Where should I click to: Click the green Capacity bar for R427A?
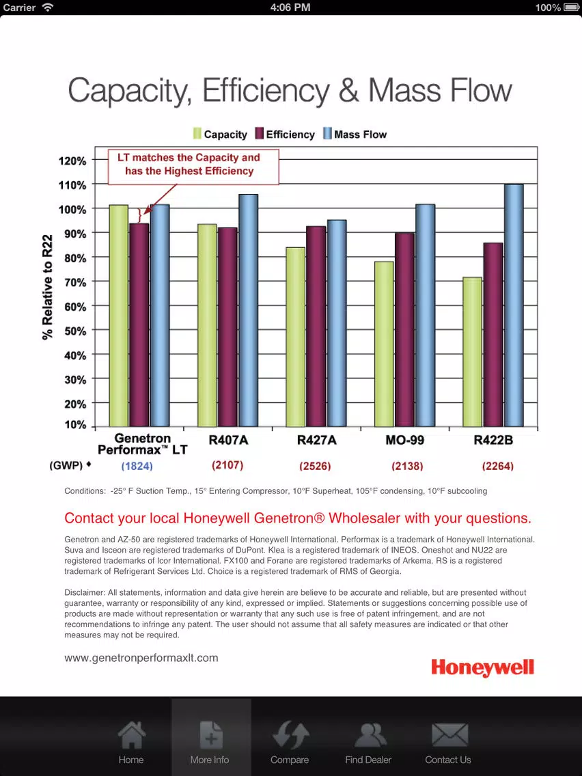click(296, 337)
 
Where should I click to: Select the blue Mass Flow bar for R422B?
click(514, 305)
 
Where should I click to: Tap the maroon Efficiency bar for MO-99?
click(405, 330)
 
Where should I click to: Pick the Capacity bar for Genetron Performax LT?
click(119, 316)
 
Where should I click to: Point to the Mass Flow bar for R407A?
click(249, 310)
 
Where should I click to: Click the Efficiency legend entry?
click(285, 134)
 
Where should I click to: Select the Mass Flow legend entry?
click(355, 134)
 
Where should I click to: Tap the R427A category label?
click(316, 440)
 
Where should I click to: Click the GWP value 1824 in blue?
click(137, 466)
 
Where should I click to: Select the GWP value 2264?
click(498, 466)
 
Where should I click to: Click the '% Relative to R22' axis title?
click(48, 287)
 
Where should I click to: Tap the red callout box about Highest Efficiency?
click(193, 167)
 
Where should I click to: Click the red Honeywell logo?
click(482, 667)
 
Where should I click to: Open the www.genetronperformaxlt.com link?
click(141, 658)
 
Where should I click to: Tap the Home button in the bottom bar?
click(131, 743)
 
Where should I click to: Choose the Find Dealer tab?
click(368, 743)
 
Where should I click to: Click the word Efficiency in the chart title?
click(266, 91)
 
